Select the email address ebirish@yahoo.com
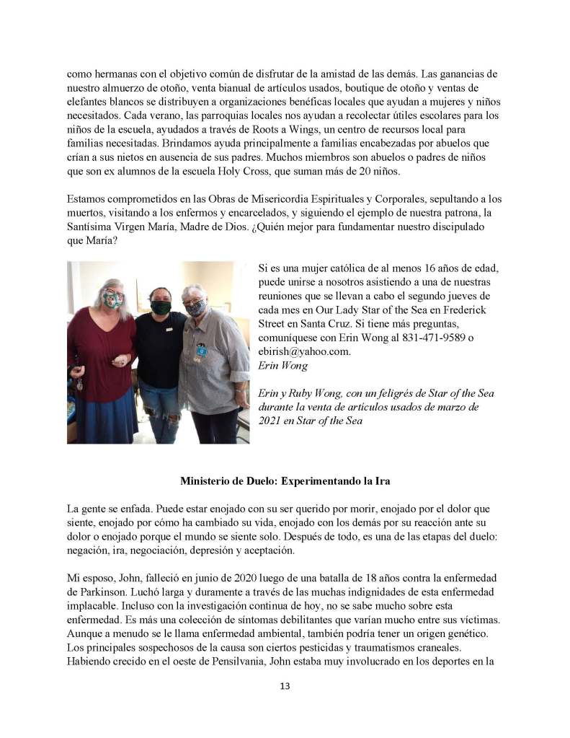tap(303, 351)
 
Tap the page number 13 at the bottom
tap(285, 686)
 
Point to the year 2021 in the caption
tap(270, 420)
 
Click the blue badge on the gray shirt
tap(202, 351)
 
